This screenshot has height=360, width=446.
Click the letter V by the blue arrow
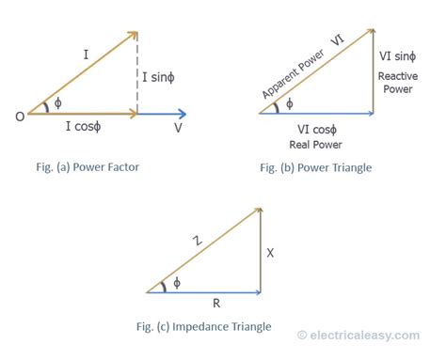click(x=178, y=127)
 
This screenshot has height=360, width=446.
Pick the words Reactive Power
click(x=400, y=83)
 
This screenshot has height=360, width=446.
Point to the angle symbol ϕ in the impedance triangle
click(x=179, y=283)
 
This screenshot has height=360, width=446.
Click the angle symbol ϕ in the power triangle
click(x=289, y=103)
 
